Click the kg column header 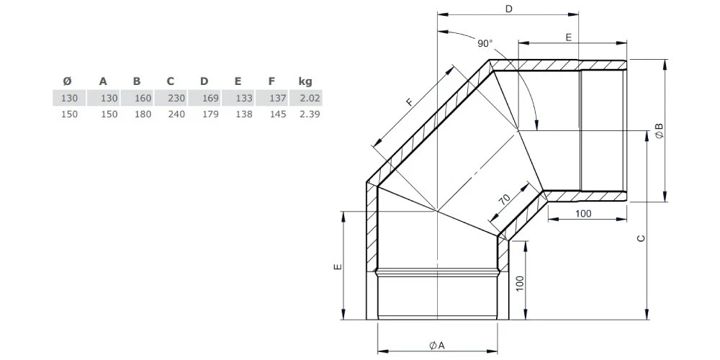coord(305,82)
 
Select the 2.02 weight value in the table coord(310,98)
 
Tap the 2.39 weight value coord(310,114)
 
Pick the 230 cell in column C coord(177,98)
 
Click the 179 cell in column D coord(211,114)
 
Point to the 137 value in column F coord(278,98)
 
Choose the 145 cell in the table coord(278,114)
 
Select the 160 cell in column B coord(143,98)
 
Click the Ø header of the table coord(67,82)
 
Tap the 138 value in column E coord(244,114)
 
